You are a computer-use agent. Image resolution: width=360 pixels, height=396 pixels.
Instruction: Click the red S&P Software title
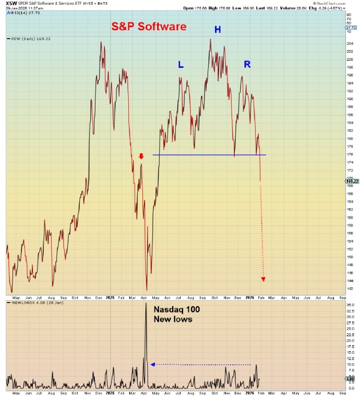click(149, 26)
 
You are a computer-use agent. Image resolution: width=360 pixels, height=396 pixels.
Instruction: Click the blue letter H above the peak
click(218, 30)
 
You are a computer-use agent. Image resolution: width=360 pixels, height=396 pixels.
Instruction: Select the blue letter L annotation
click(181, 65)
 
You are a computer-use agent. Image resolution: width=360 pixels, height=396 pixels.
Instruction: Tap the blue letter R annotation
click(247, 64)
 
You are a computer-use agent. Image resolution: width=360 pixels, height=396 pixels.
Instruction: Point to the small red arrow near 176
click(141, 156)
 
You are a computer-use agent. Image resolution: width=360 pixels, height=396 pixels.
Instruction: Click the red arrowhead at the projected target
click(263, 279)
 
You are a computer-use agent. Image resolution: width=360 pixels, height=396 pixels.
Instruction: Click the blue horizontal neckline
click(209, 154)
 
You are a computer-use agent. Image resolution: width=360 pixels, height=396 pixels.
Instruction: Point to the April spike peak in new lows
click(146, 303)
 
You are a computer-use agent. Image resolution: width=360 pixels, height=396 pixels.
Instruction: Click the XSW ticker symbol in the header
click(10, 3)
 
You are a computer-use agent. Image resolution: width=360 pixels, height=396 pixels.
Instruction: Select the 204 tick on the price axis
click(350, 43)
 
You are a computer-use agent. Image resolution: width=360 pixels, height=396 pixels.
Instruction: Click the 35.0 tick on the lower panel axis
click(351, 304)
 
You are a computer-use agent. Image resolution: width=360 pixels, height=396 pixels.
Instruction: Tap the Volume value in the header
click(302, 8)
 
